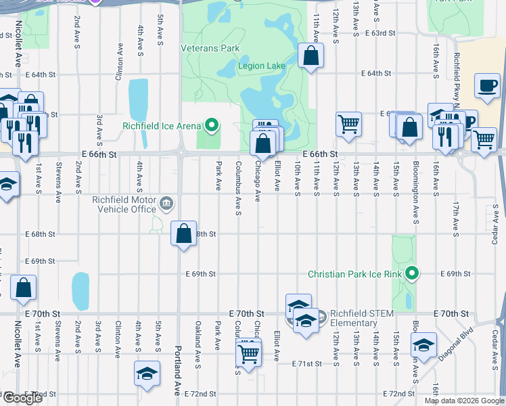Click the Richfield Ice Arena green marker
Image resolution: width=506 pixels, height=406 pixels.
[x=212, y=125]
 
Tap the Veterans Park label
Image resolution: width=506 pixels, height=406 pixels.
[x=210, y=49]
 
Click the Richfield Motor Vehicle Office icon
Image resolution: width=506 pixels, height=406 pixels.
[x=166, y=204]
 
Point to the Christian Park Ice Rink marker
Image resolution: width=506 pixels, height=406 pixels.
[x=410, y=274]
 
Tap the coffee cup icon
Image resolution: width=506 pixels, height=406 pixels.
[x=487, y=86]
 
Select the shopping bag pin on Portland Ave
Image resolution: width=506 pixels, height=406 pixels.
[x=184, y=234]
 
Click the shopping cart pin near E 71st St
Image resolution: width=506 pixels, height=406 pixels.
[x=249, y=353]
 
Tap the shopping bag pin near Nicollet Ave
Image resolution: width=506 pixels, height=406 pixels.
[x=23, y=288]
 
